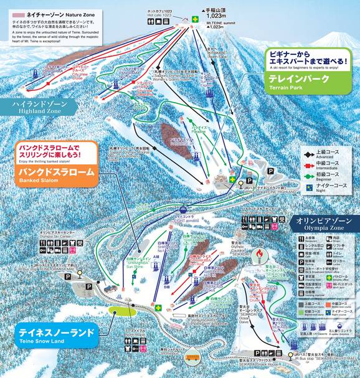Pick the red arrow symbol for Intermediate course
pyautogui.click(x=291, y=162)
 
